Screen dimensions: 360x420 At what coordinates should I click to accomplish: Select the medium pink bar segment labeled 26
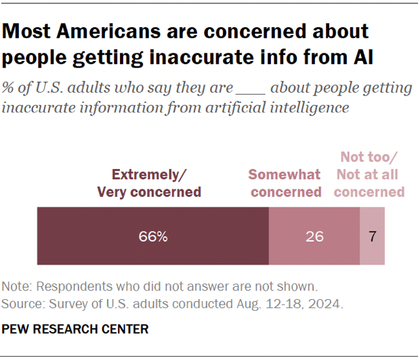(x=314, y=236)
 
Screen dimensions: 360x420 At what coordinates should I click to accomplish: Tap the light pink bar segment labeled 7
(x=372, y=236)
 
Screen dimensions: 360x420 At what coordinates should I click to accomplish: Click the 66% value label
(x=154, y=237)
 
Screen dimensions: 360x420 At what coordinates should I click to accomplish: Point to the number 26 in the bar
(x=314, y=237)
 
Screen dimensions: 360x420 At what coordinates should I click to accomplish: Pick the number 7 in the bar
(x=372, y=237)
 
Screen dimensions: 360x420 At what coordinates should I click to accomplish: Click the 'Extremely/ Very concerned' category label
(x=149, y=183)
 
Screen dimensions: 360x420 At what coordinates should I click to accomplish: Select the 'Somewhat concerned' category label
(x=285, y=183)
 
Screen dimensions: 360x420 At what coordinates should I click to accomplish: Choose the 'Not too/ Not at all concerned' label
(x=369, y=175)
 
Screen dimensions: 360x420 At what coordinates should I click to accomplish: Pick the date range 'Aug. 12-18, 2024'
(x=301, y=304)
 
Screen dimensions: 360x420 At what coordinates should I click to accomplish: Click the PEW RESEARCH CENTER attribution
(x=77, y=330)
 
